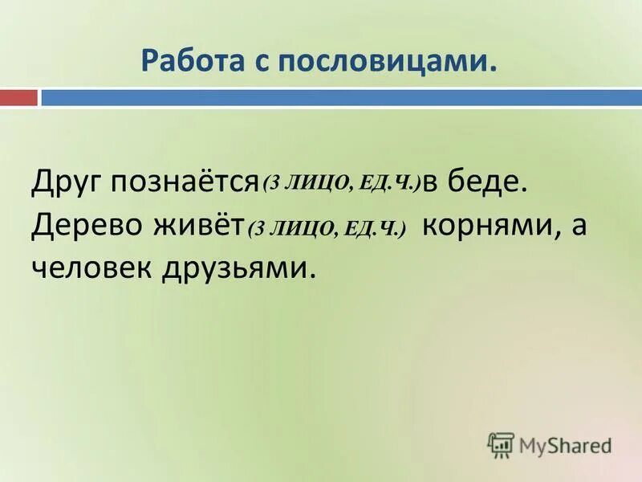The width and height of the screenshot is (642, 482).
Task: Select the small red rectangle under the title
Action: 18,98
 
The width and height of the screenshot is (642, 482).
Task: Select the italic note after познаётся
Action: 341,184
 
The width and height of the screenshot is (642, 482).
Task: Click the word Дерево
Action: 83,226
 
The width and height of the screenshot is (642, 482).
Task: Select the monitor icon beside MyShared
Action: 501,444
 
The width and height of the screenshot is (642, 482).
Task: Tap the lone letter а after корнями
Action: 579,227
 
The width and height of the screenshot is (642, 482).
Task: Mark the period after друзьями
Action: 306,275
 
